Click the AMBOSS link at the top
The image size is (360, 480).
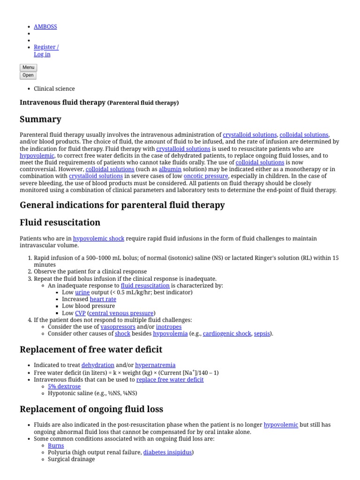45,27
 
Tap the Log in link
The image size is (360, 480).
42,54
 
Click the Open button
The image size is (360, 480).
28,75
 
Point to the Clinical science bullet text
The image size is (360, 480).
54,89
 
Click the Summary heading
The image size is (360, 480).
40,119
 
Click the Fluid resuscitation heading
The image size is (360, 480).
60,222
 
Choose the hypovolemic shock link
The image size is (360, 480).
98,239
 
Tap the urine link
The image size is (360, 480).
82,292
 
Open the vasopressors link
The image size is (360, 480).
118,327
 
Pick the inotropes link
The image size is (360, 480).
168,327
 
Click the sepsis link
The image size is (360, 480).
262,334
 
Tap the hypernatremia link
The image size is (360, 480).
155,365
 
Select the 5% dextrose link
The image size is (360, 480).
64,387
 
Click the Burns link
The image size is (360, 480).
56,446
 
